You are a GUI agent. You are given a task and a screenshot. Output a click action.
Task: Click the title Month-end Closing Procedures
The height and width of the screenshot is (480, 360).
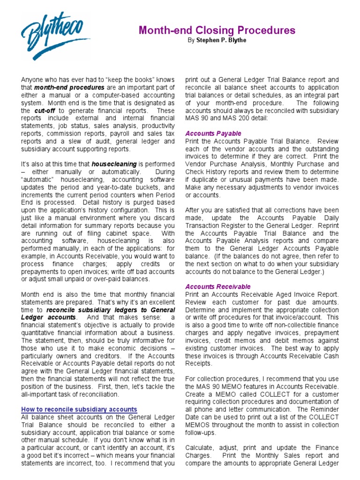217,30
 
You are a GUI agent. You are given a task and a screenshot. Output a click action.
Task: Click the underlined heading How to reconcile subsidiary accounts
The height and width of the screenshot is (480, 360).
79,409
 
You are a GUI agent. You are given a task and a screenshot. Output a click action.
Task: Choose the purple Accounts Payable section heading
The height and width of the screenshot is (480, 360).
213,133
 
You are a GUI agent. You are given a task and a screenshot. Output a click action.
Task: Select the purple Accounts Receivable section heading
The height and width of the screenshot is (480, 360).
218,286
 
